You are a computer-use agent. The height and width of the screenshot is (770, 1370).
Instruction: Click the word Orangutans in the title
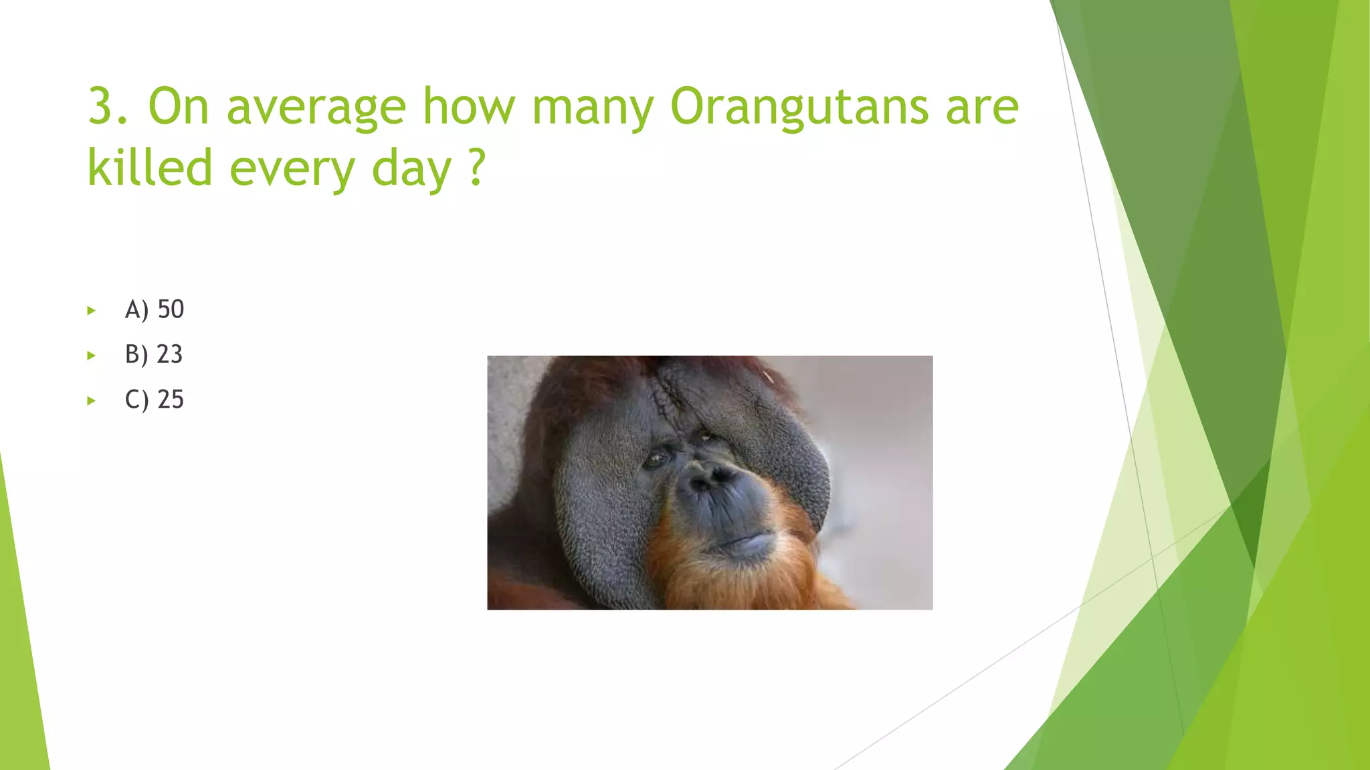tap(799, 107)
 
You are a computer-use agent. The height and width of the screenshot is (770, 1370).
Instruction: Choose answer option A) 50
tap(155, 309)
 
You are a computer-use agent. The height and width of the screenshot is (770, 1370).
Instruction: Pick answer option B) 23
tap(154, 354)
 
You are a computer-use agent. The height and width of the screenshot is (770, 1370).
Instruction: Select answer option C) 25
tap(155, 400)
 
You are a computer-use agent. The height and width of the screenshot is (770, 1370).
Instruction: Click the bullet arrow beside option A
tap(92, 310)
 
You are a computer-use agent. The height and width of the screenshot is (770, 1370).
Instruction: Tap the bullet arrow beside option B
tap(92, 356)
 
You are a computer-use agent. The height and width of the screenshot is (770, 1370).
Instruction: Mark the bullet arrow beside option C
tap(92, 401)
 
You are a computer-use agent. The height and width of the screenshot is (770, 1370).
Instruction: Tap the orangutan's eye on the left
tap(655, 459)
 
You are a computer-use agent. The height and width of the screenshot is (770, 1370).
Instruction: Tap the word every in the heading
tap(292, 168)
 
